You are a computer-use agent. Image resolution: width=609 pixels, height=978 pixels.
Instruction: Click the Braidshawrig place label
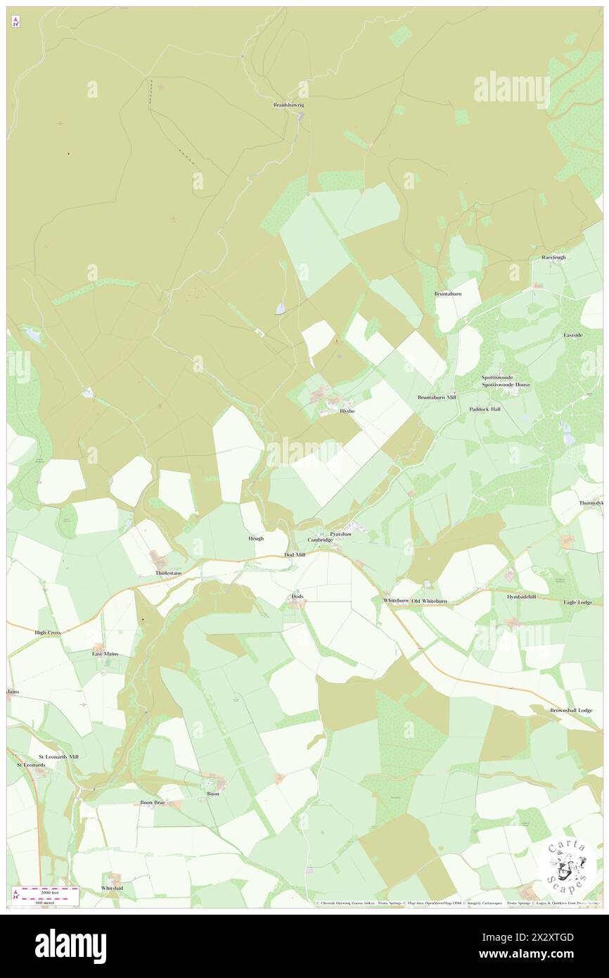point(288,106)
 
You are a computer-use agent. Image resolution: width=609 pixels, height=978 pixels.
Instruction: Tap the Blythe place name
point(347,411)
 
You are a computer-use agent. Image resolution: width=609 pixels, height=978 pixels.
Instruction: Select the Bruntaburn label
point(447,293)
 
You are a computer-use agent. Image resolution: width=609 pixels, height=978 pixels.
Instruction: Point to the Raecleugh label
point(553,258)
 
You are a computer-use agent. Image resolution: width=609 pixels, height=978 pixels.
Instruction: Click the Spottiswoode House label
point(506,385)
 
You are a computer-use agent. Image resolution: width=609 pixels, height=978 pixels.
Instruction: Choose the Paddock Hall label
point(485,409)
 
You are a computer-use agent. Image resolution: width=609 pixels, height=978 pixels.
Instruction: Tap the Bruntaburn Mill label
point(437,398)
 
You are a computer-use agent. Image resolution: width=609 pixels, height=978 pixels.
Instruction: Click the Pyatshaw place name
point(340,534)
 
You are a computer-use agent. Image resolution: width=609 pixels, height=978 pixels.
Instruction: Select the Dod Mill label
point(295,554)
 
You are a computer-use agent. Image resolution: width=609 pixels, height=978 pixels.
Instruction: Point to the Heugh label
point(255,538)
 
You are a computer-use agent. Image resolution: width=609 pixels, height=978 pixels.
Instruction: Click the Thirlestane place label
point(168,573)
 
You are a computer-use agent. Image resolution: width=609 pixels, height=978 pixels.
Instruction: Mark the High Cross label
point(48,633)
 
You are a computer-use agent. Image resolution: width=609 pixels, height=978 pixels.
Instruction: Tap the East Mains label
point(105,654)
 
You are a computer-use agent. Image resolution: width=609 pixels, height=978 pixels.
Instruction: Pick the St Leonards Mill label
point(58,756)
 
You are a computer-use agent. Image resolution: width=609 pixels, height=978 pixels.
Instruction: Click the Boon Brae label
point(152,802)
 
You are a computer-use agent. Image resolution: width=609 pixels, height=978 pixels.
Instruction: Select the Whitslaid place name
point(112,888)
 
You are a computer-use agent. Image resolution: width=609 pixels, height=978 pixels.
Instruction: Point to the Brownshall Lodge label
point(571,711)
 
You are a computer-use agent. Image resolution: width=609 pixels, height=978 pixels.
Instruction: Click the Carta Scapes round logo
point(566,866)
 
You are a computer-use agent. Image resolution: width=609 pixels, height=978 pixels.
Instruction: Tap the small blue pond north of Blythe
point(280,308)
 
